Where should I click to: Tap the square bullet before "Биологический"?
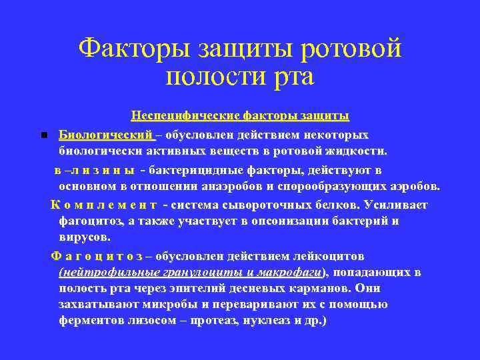[43, 135]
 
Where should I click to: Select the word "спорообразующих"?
[357, 186]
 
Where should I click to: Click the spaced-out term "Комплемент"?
[104, 204]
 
